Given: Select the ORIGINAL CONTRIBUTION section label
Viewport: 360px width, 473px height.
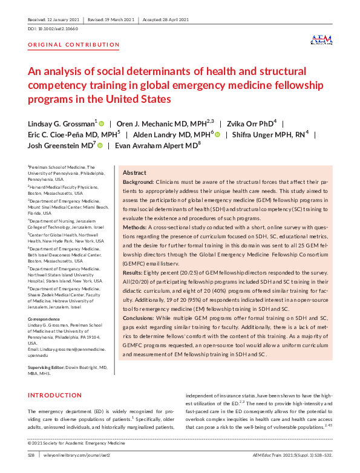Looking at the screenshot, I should click(x=74, y=45).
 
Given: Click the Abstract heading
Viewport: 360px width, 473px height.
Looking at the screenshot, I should click(x=134, y=172).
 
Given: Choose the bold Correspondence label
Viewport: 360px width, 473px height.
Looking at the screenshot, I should click(x=45, y=318).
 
